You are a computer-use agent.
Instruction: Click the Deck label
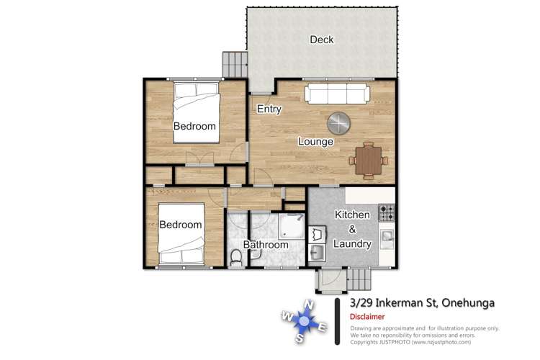(322, 40)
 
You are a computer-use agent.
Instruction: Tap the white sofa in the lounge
(337, 94)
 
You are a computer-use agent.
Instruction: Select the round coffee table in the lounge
(339, 123)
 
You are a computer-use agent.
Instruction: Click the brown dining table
(369, 161)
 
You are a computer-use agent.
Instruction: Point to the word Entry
(269, 109)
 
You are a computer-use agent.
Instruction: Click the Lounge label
(316, 142)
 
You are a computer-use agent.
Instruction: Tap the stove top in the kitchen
(387, 212)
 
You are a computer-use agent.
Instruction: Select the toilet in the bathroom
(236, 258)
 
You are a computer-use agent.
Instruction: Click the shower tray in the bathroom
(292, 226)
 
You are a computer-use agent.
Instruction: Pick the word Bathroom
(266, 245)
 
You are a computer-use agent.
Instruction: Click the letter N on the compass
(309, 305)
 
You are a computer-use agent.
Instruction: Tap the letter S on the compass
(300, 338)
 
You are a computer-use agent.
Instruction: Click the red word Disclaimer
(367, 317)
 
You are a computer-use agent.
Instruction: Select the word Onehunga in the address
(468, 303)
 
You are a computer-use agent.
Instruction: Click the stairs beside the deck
(235, 64)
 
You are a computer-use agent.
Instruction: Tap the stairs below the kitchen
(359, 279)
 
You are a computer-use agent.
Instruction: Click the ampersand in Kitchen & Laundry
(352, 229)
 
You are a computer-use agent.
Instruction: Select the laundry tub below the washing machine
(317, 253)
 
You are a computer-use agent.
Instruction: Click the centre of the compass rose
(304, 321)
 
